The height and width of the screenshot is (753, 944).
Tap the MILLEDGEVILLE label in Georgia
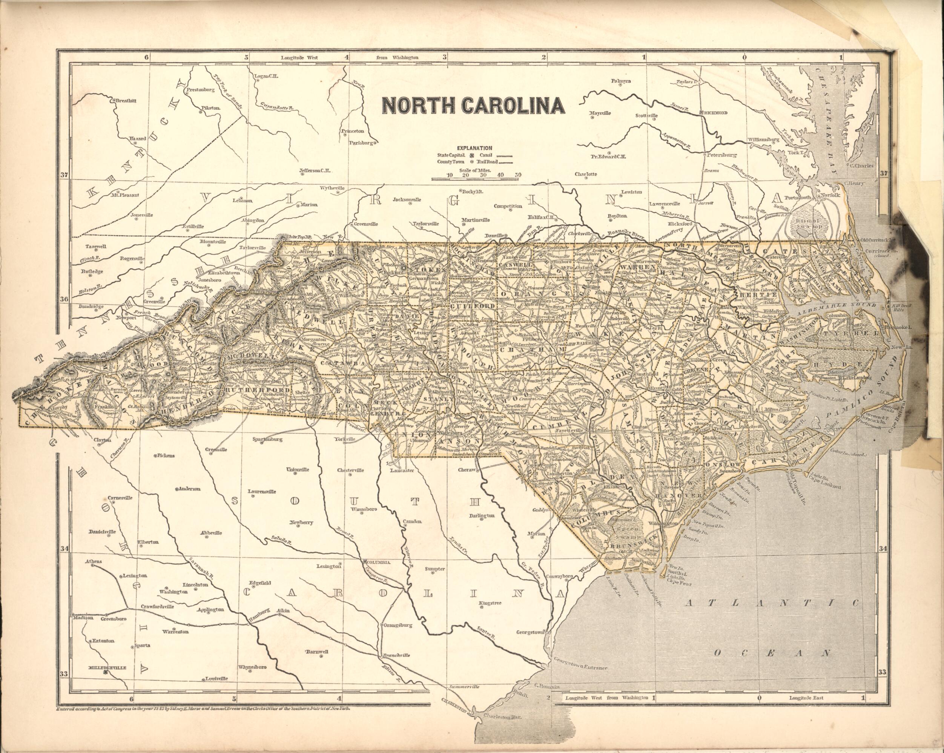(107, 668)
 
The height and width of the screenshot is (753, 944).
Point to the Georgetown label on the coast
(530, 632)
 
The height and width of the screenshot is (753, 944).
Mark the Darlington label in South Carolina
(482, 515)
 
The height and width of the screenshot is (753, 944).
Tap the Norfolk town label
(830, 195)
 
